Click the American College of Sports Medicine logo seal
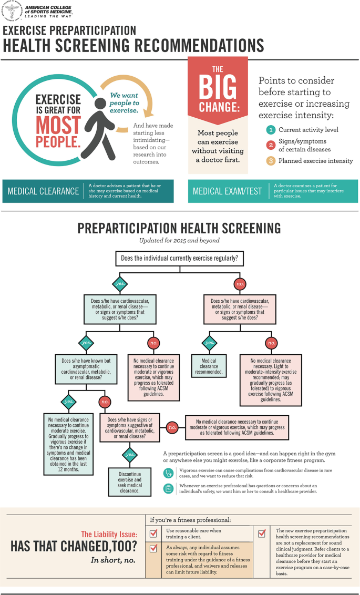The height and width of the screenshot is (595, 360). (12, 11)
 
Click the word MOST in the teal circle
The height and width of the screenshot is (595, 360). (58, 125)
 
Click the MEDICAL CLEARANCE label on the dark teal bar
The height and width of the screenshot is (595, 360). (44, 191)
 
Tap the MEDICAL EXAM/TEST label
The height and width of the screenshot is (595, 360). (227, 191)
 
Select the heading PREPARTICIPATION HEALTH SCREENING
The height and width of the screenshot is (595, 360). (179, 228)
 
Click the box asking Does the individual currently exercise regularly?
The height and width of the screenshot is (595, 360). (179, 258)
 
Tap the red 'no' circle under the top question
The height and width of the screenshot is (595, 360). (240, 284)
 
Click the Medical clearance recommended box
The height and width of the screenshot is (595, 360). (209, 366)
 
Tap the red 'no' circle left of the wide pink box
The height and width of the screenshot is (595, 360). (171, 428)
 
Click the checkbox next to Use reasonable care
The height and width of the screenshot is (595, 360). (154, 534)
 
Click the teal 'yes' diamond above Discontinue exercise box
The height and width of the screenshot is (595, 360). (129, 453)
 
